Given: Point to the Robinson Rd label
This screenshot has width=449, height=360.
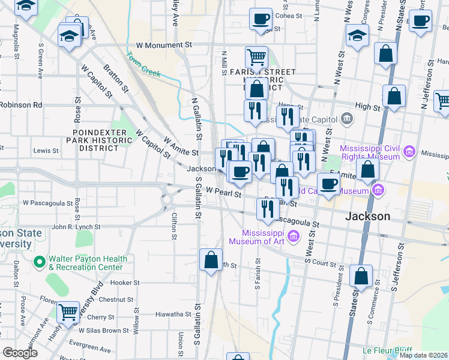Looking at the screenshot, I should [21, 104].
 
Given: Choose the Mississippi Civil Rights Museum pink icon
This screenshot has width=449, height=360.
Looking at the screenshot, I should [409, 152].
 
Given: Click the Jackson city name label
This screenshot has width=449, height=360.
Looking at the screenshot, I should [368, 216].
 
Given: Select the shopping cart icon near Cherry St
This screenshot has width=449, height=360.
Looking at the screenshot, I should [69, 312].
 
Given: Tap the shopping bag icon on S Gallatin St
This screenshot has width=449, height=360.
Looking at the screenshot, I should [211, 260].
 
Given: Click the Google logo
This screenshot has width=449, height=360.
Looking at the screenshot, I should [20, 353].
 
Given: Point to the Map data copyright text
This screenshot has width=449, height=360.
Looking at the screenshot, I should [423, 355].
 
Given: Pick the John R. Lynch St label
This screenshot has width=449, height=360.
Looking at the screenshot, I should [76, 227].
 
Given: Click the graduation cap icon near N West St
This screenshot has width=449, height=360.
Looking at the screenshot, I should [358, 37].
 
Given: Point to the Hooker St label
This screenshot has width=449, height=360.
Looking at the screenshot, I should [125, 283].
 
